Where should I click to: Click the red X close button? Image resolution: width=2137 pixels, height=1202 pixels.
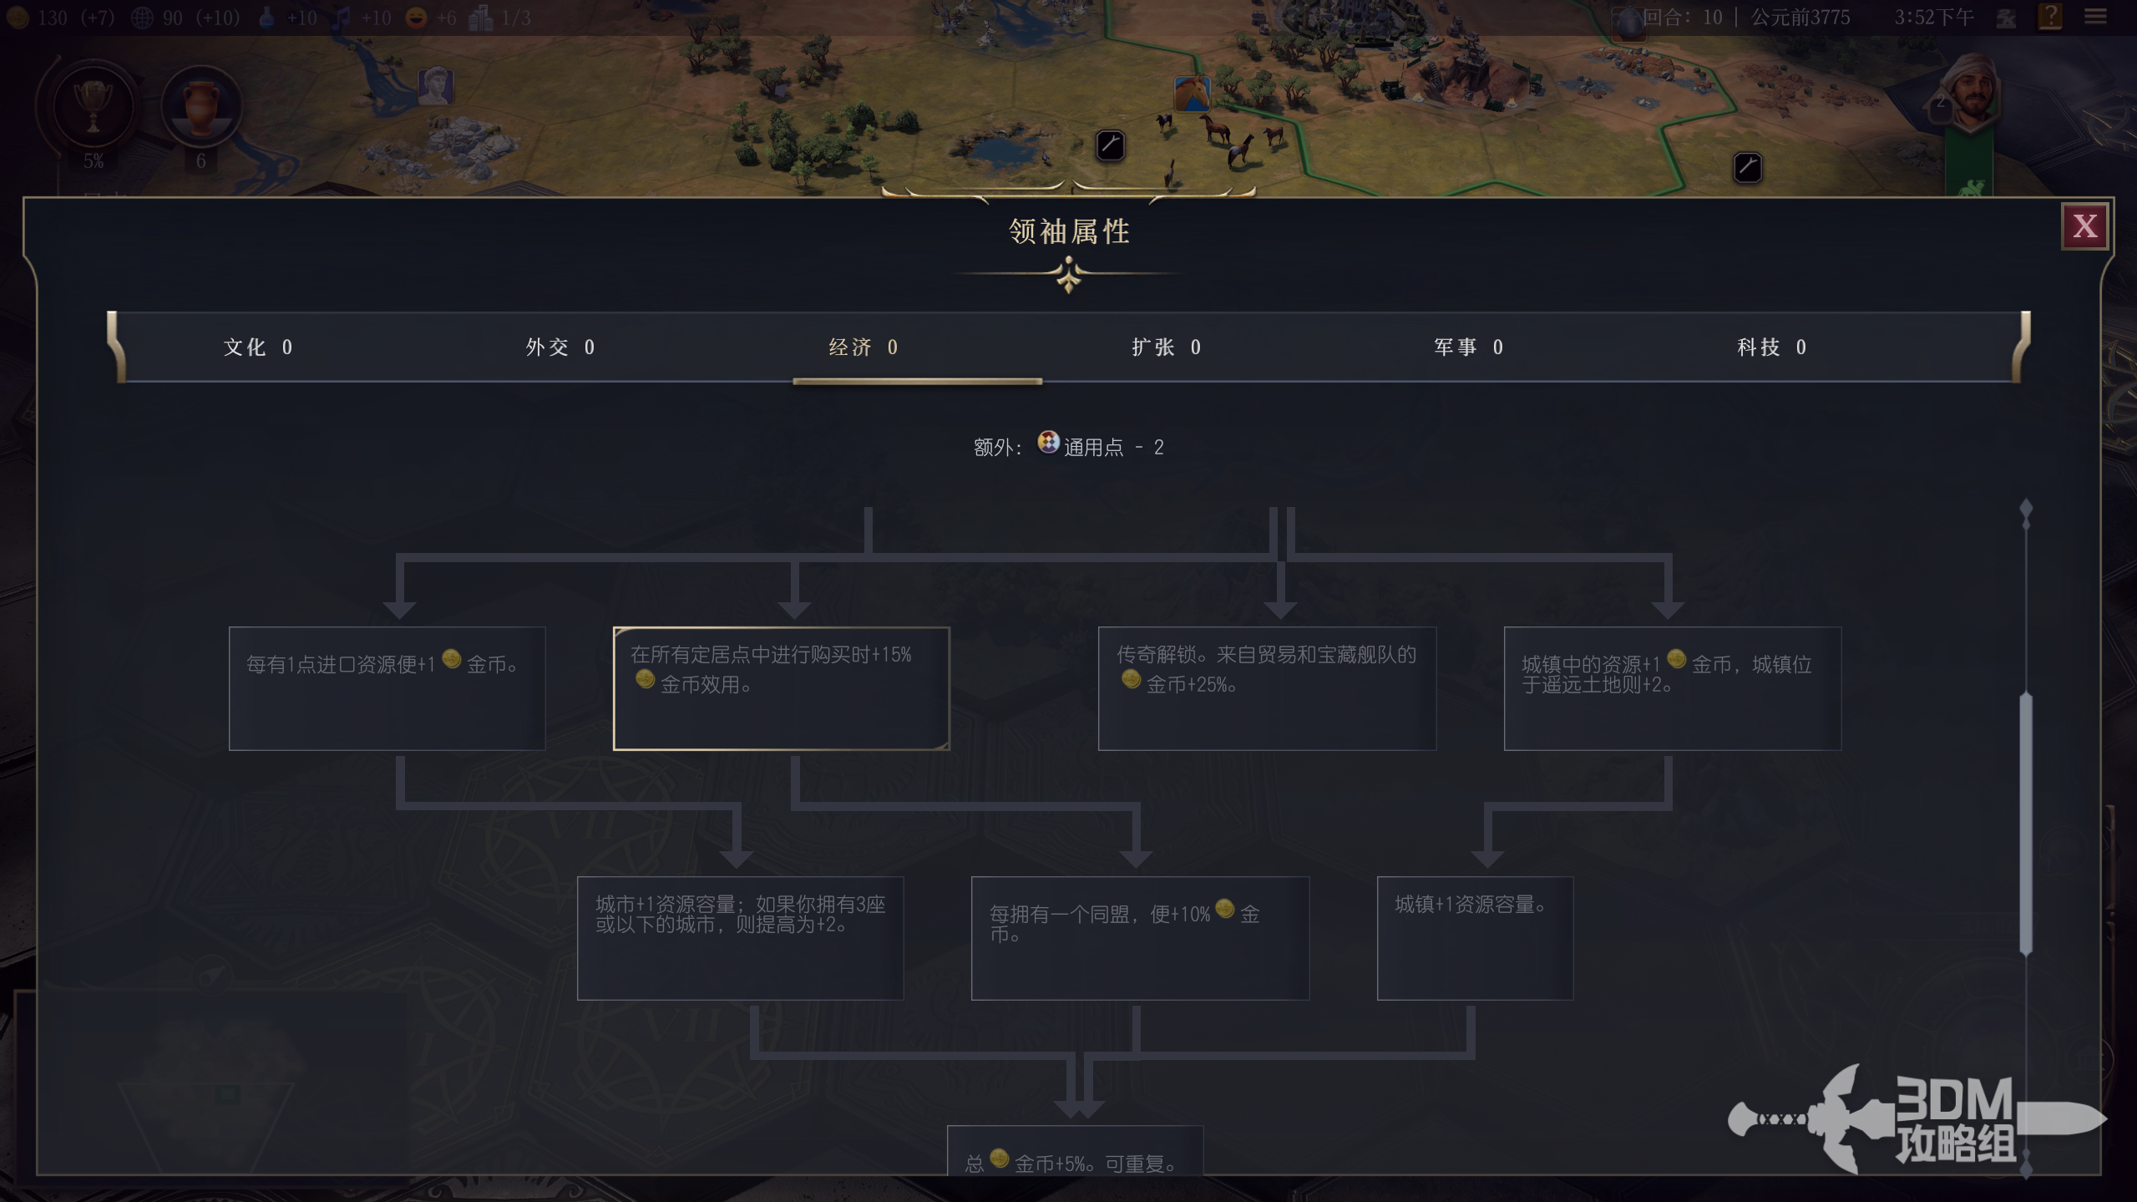(x=2084, y=226)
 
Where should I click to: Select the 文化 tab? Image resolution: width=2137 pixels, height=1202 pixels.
(x=257, y=347)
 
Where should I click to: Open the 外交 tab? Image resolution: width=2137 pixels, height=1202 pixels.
(x=560, y=347)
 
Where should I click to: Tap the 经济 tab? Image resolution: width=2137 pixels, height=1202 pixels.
(x=863, y=347)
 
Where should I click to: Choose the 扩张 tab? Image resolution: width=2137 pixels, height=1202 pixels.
(x=1166, y=347)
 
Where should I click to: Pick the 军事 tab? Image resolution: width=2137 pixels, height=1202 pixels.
(x=1468, y=347)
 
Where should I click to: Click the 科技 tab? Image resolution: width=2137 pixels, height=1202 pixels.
(x=1771, y=347)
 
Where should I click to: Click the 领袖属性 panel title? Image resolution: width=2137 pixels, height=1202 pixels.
(x=1068, y=231)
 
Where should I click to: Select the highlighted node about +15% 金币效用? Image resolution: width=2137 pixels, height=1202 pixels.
(x=781, y=688)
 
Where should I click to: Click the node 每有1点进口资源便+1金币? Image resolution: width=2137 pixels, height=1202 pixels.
(x=387, y=688)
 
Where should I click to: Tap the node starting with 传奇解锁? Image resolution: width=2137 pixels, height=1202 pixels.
(x=1266, y=688)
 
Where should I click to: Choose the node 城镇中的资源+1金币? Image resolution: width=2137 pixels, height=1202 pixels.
(x=1672, y=688)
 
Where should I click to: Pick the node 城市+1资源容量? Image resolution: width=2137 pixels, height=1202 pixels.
(x=740, y=937)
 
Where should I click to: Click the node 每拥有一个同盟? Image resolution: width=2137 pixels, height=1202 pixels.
(x=1140, y=937)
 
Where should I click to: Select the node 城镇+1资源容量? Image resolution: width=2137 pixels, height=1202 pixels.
(x=1475, y=937)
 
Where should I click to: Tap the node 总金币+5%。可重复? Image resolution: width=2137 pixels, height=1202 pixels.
(x=1075, y=1157)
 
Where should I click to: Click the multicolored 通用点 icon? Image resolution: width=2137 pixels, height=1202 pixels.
(x=1048, y=442)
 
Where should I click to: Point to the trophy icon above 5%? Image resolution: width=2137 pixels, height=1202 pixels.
(x=93, y=107)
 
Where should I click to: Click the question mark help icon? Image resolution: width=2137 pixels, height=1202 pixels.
(x=2050, y=17)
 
